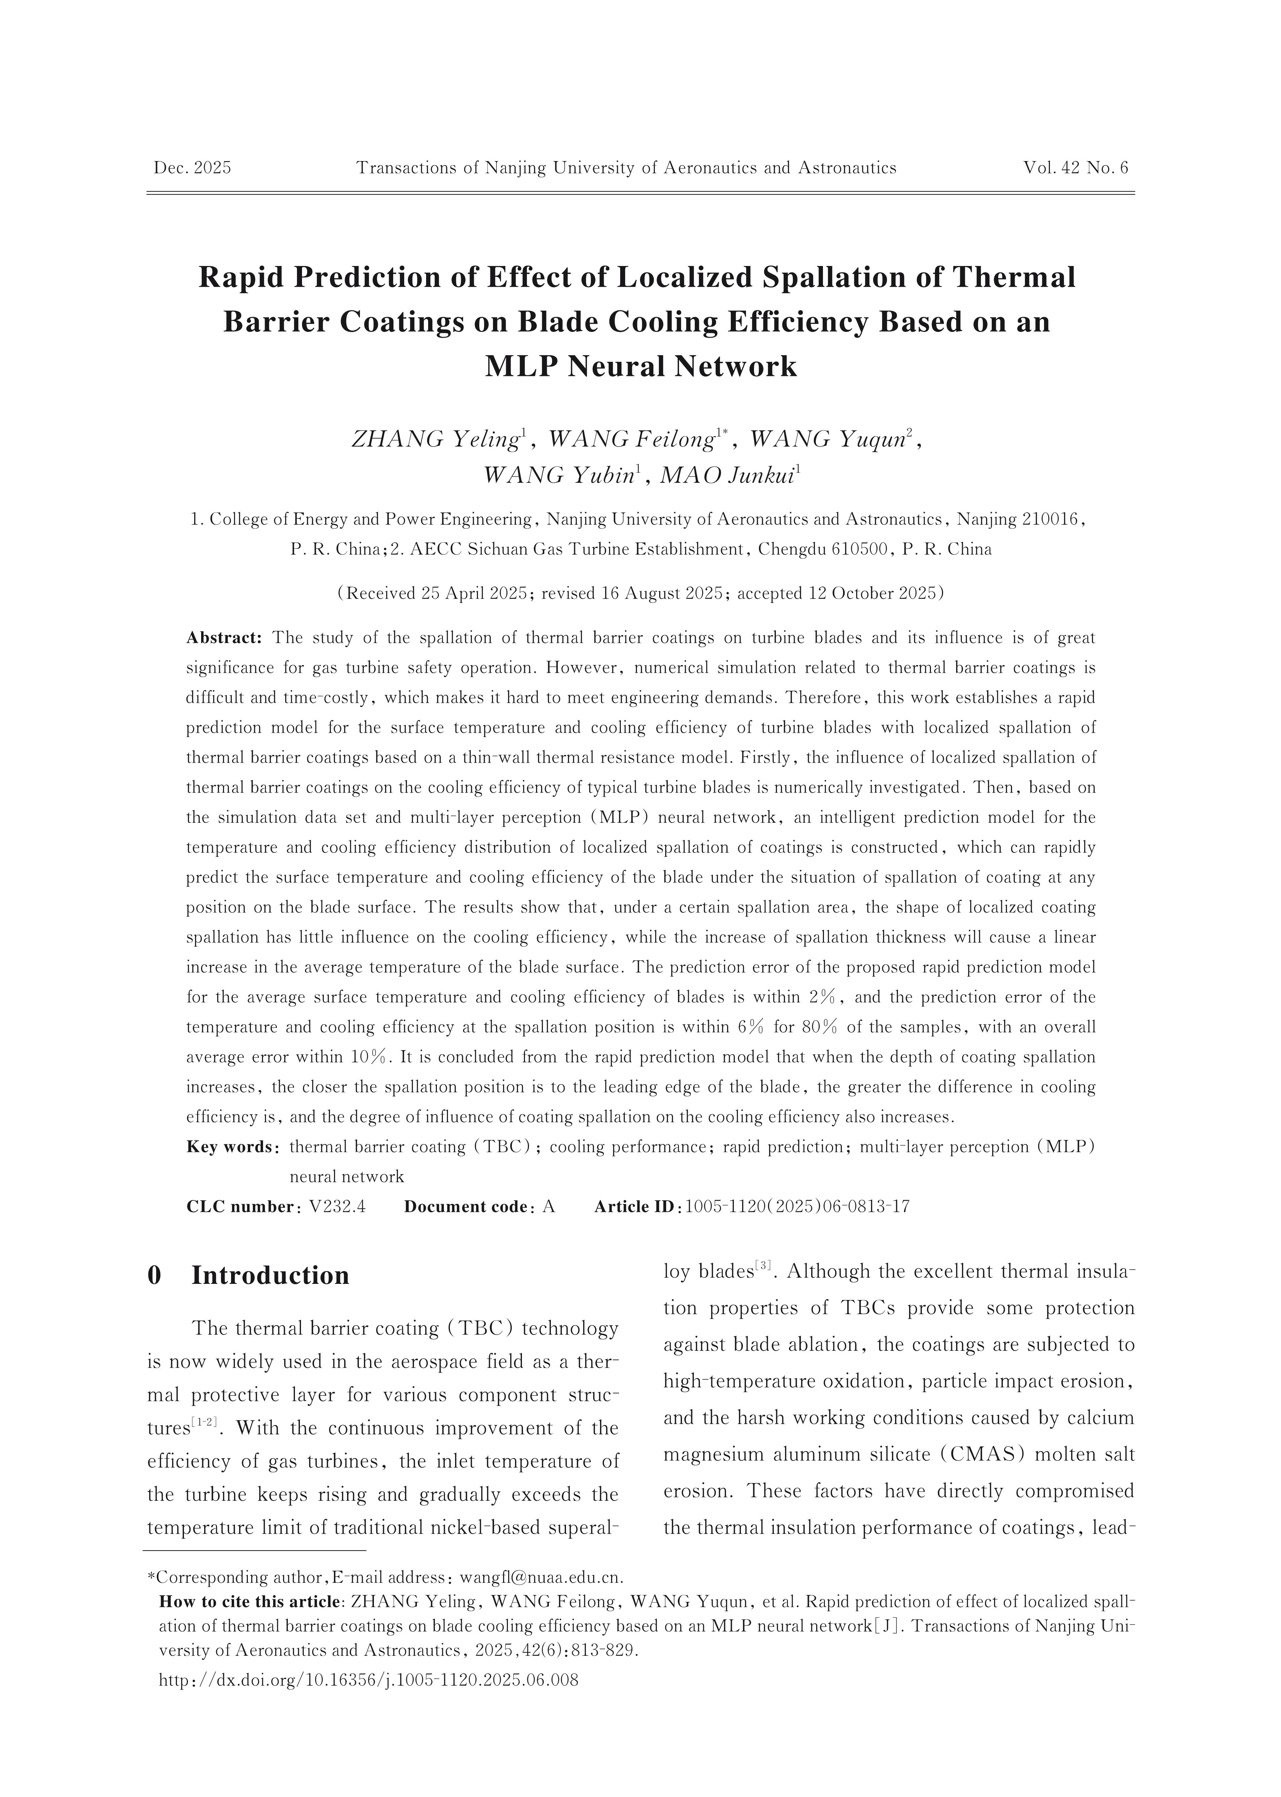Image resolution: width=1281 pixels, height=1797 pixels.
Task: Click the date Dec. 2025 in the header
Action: click(x=192, y=168)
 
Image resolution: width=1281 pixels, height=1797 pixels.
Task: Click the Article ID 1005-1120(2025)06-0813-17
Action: click(x=798, y=1207)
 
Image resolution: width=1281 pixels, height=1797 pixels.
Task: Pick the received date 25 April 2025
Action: click(x=461, y=593)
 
